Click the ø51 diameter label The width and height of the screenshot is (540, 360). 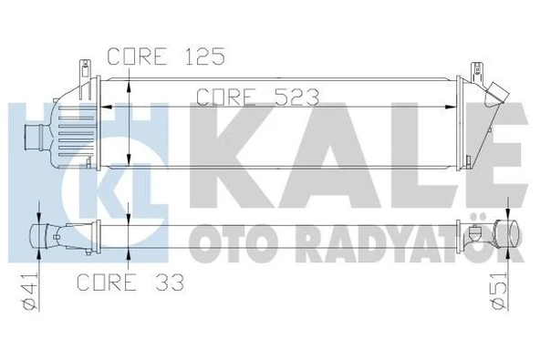click(x=498, y=293)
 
